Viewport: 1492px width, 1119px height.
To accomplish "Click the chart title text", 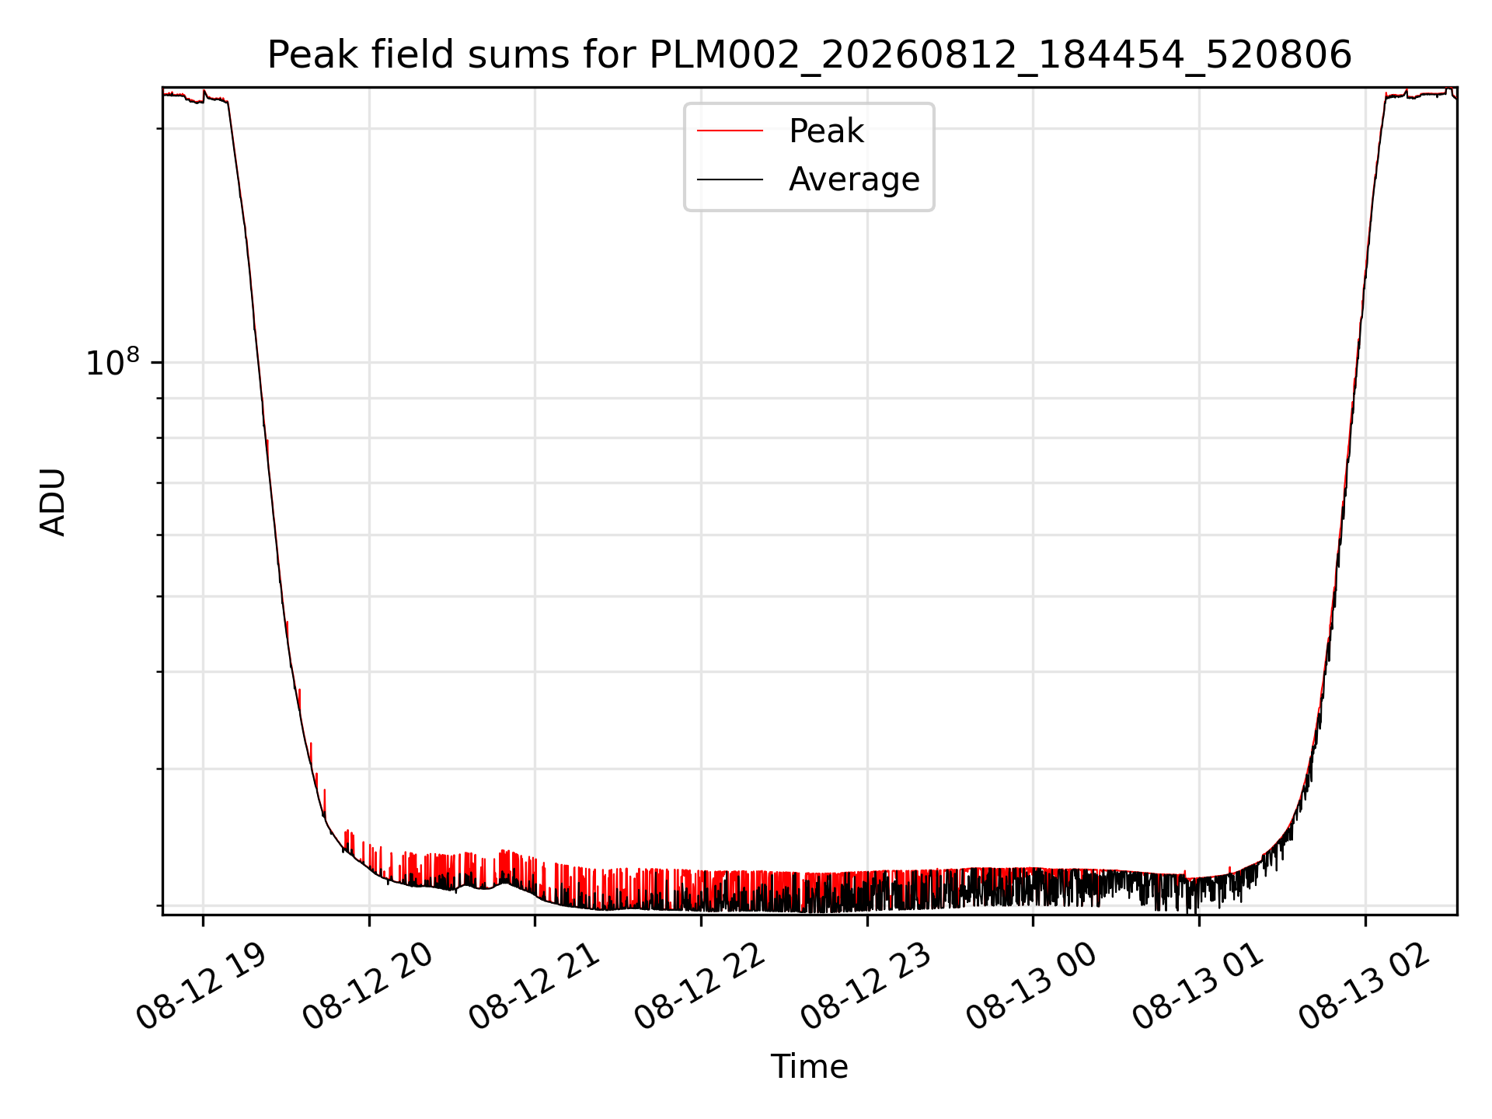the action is click(x=809, y=55).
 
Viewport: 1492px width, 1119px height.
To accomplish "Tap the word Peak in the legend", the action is click(x=826, y=131).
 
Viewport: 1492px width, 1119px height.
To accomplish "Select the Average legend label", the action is click(x=854, y=180).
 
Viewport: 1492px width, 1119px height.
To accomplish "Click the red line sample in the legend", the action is click(x=730, y=131).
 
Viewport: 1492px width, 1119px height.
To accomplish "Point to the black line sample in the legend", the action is click(x=730, y=180).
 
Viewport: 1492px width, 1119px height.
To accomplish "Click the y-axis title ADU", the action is click(x=53, y=502).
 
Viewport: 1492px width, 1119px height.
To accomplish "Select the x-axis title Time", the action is click(x=809, y=1067).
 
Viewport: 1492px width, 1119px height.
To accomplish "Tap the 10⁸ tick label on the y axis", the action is click(x=112, y=362).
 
